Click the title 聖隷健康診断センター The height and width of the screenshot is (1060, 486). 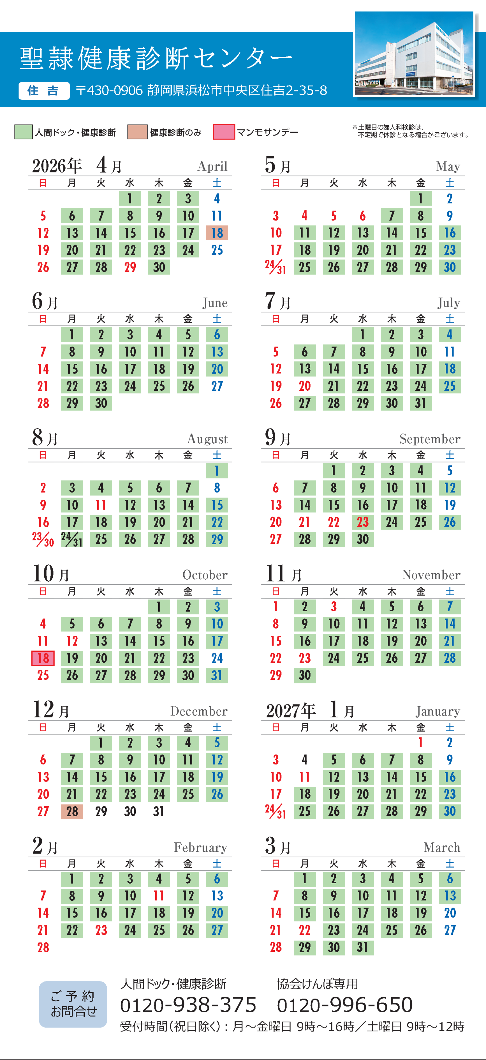click(x=156, y=58)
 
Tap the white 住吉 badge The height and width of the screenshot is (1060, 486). click(x=44, y=91)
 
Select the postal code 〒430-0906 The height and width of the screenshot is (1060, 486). click(x=109, y=91)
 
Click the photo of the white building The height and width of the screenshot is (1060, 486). click(x=414, y=54)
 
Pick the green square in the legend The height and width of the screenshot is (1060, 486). click(x=24, y=132)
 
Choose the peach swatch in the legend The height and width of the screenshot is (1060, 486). click(x=137, y=132)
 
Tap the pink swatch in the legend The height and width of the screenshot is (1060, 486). click(x=224, y=132)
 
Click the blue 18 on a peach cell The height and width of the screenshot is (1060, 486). click(x=217, y=233)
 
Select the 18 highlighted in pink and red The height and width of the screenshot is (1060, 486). click(x=43, y=658)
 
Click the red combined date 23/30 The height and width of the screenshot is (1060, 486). click(x=43, y=539)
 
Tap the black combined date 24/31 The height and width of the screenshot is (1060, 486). click(x=71, y=539)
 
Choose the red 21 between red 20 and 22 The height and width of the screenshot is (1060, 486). click(x=304, y=522)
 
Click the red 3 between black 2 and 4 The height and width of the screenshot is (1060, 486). click(x=334, y=607)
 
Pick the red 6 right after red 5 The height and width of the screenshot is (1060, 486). click(x=362, y=216)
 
